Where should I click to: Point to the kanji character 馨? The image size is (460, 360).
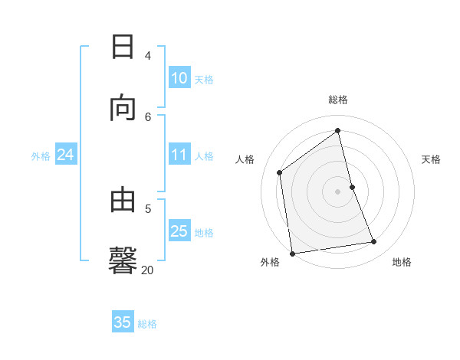123,260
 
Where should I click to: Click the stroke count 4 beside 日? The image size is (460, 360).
148,55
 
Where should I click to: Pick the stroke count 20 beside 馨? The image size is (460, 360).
148,270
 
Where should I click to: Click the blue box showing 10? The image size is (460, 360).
179,78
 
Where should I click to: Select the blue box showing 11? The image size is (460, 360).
179,155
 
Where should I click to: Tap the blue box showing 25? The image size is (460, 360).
179,231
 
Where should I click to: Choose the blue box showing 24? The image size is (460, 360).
65,155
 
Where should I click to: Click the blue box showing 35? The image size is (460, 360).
123,322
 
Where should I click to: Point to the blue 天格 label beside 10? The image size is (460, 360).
204,80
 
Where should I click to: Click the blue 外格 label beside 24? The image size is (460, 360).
41,156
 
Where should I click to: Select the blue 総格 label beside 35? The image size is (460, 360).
147,324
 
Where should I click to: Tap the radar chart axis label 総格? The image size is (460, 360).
338,100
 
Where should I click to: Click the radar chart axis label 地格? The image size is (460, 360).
402,262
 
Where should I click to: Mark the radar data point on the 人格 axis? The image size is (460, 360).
280,172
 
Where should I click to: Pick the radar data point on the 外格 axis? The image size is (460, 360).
292,253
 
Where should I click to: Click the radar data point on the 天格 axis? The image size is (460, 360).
352,187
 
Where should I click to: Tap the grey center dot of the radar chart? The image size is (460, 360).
338,191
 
